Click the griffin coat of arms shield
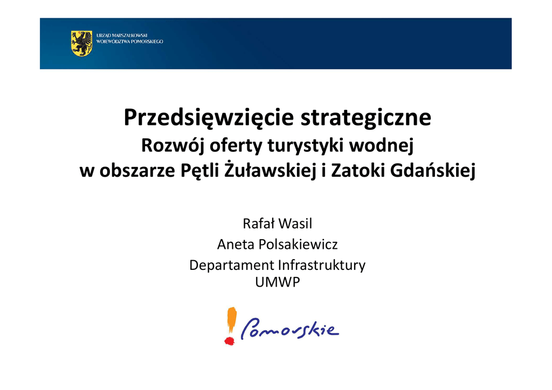pos(82,43)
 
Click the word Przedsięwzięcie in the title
pos(209,118)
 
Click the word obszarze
pos(137,171)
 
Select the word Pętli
pos(199,171)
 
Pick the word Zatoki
pos(358,171)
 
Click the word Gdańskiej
pos(433,171)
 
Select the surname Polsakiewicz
pos(298,245)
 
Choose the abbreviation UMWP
pos(278,282)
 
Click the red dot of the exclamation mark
pos(230,341)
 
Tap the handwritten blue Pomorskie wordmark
pos(289,329)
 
